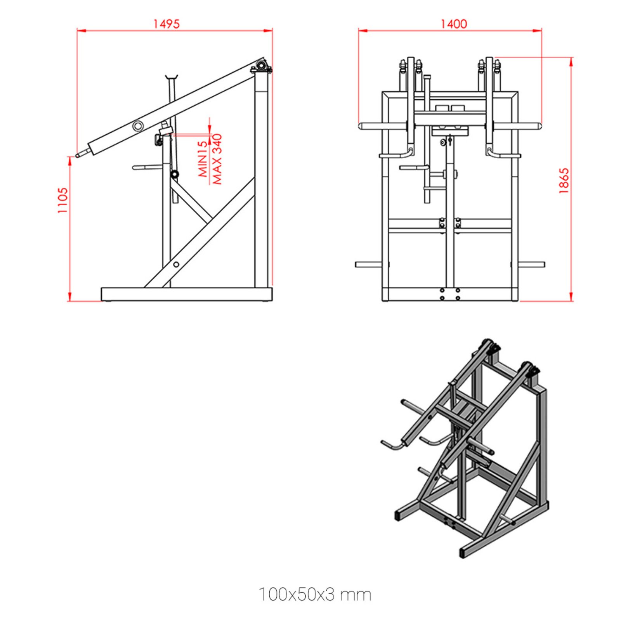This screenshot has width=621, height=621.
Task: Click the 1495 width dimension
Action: (x=166, y=24)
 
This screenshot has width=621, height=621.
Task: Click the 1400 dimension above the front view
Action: (x=453, y=24)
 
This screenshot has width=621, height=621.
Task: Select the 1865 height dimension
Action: (x=564, y=180)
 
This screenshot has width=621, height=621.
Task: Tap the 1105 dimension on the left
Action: (x=62, y=200)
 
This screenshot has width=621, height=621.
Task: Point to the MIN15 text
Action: (x=203, y=159)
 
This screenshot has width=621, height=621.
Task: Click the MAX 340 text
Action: (x=217, y=159)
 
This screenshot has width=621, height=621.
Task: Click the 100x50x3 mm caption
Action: (x=315, y=594)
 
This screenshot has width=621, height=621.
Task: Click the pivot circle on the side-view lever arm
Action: (x=138, y=126)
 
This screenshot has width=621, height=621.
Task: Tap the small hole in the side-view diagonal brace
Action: (x=176, y=264)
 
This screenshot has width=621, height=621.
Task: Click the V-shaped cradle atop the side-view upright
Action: (x=171, y=76)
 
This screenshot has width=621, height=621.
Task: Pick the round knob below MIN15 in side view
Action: (x=175, y=174)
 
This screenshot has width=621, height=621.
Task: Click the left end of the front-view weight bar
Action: (x=361, y=126)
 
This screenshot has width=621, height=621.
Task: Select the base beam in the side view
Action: (x=186, y=294)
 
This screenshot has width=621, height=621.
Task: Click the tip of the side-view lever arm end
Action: (x=78, y=156)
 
